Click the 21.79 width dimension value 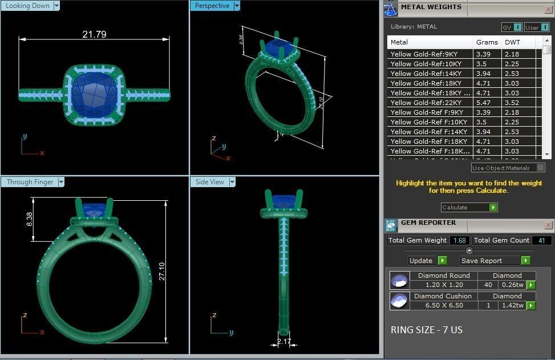pyautogui.click(x=94, y=34)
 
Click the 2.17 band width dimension pyautogui.click(x=283, y=342)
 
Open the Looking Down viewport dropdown pyautogui.click(x=56, y=6)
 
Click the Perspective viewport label pyautogui.click(x=212, y=6)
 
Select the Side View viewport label pyautogui.click(x=210, y=182)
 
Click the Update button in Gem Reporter pyautogui.click(x=421, y=261)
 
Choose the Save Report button pyautogui.click(x=481, y=261)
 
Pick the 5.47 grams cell pyautogui.click(x=483, y=103)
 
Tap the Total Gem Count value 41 pyautogui.click(x=541, y=240)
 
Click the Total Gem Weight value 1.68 pyautogui.click(x=459, y=240)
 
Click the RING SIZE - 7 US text pyautogui.click(x=426, y=330)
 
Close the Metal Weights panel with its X pyautogui.click(x=548, y=8)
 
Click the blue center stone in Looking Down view pyautogui.click(x=94, y=93)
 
